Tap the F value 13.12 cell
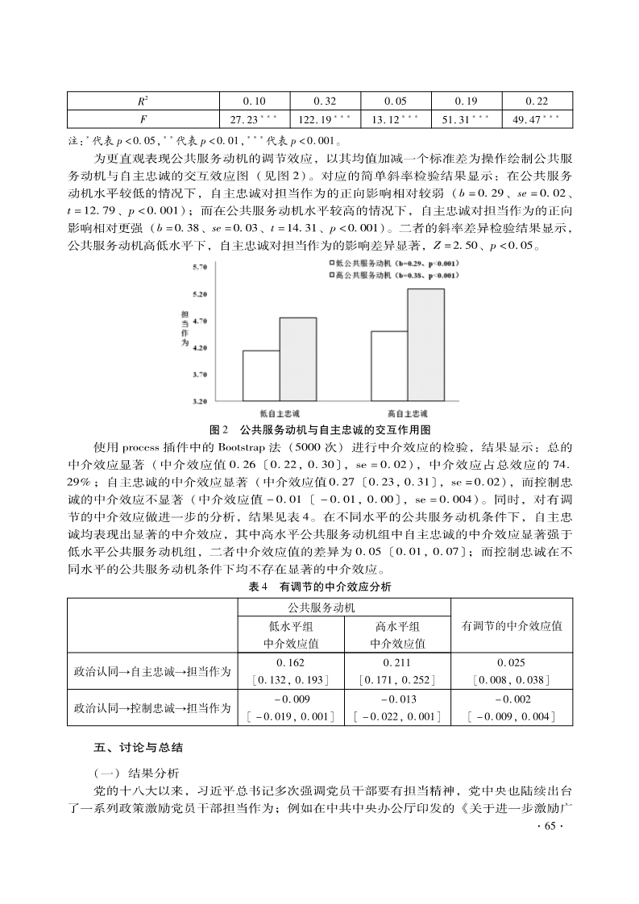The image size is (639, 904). pos(396,120)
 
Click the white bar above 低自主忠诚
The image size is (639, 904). pos(261,375)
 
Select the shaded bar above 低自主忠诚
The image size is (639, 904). pos(298,359)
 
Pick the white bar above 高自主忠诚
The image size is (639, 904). pos(389,365)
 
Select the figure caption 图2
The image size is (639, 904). pos(219,429)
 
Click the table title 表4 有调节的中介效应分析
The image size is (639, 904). pos(320,587)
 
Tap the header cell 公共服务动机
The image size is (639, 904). pos(343,606)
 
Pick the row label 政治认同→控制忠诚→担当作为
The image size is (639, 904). pos(151,708)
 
